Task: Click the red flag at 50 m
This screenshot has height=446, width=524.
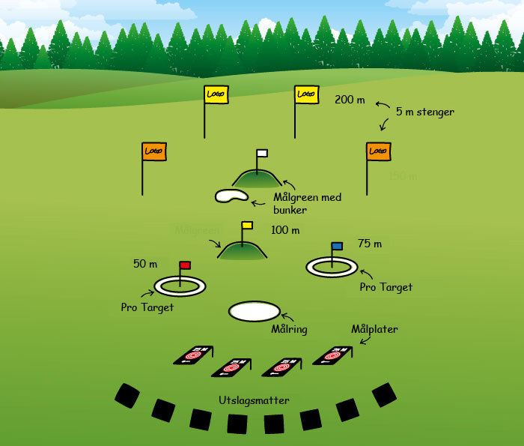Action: [186, 265]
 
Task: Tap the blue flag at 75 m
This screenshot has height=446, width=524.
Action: [337, 246]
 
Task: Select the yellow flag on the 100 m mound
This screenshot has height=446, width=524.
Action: [247, 225]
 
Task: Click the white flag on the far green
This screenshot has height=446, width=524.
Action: [261, 153]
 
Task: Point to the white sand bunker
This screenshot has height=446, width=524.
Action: [231, 196]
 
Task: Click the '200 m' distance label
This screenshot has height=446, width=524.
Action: [350, 100]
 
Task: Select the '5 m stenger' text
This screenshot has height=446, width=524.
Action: [424, 112]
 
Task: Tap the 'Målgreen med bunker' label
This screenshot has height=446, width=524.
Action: [307, 203]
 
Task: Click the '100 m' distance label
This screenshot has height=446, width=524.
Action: [284, 230]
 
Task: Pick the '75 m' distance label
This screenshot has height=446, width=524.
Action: [369, 244]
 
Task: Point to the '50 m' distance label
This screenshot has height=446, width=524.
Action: [145, 264]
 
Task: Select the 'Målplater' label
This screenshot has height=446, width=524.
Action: [374, 329]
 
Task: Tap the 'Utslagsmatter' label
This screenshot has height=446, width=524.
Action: [254, 401]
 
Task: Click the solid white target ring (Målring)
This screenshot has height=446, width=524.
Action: [254, 311]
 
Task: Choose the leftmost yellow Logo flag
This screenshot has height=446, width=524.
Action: [216, 94]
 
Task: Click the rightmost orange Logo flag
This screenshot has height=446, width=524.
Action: [378, 151]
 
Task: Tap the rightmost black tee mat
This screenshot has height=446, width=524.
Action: [384, 394]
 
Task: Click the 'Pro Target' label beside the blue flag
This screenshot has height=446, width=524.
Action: [386, 287]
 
